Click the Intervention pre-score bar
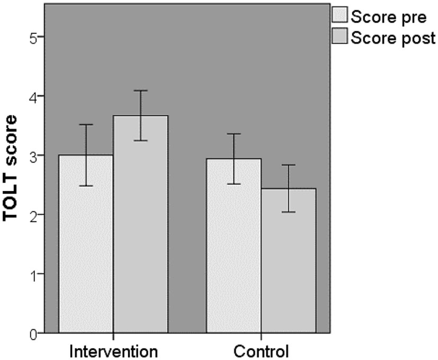(86, 244)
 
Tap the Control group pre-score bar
(234, 246)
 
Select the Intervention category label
(114, 351)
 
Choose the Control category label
(261, 351)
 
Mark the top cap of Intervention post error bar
(140, 91)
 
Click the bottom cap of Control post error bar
(288, 212)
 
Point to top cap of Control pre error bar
(234, 134)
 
